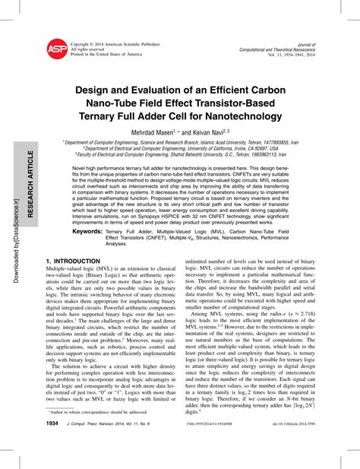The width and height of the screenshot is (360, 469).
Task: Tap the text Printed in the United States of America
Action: coord(106,55)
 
